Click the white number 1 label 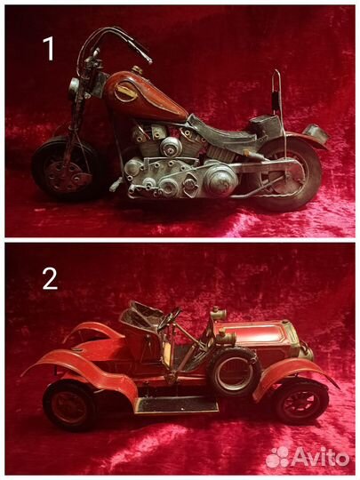coord(49,48)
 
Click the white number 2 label coord(50,279)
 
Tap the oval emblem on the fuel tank coord(126,92)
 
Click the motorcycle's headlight coord(75,87)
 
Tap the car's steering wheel coord(169,318)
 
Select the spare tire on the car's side coord(234,372)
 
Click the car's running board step coord(177,404)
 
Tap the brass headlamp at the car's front coord(307,352)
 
